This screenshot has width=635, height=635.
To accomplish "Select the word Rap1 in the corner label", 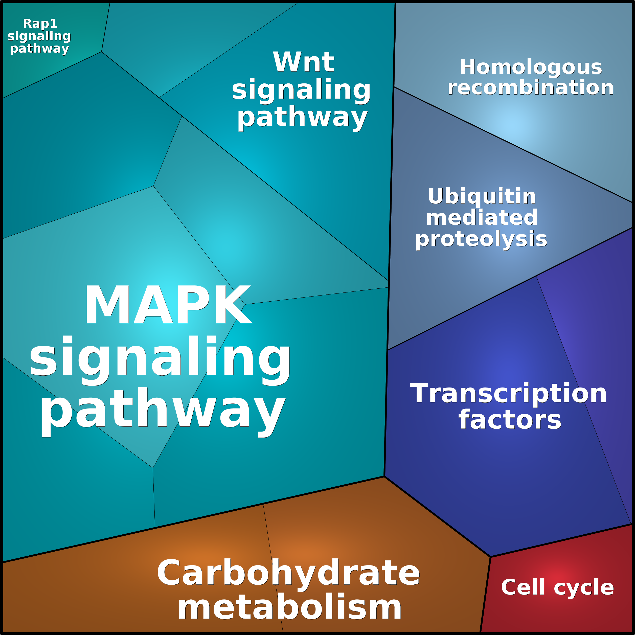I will pyautogui.click(x=40, y=24).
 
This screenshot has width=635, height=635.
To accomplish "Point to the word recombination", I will pyautogui.click(x=531, y=87).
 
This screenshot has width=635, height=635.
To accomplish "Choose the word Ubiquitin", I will pyautogui.click(x=482, y=197).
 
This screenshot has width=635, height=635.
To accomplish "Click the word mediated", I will pyautogui.click(x=482, y=218).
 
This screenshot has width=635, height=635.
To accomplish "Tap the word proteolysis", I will pyautogui.click(x=481, y=239).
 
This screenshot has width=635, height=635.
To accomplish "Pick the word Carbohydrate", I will pyautogui.click(x=288, y=573).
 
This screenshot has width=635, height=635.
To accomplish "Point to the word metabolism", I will pyautogui.click(x=289, y=608).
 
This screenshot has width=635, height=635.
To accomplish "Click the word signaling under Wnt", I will pyautogui.click(x=301, y=89).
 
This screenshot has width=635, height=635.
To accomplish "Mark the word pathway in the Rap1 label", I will pyautogui.click(x=39, y=49).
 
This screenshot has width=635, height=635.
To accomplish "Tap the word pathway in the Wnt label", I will pyautogui.click(x=302, y=117).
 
